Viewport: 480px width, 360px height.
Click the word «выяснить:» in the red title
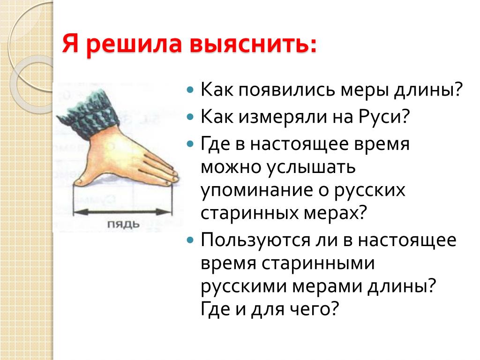tap(253, 45)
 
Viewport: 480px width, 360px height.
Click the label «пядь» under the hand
tap(123, 225)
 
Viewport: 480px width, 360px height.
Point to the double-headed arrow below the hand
tap(123, 211)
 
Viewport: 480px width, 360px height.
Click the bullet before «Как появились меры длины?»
tap(190, 90)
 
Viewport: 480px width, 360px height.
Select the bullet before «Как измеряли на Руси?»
tap(190, 117)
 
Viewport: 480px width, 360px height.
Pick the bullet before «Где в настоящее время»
tap(190, 144)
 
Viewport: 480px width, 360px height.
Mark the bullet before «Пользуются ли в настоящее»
tap(190, 240)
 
